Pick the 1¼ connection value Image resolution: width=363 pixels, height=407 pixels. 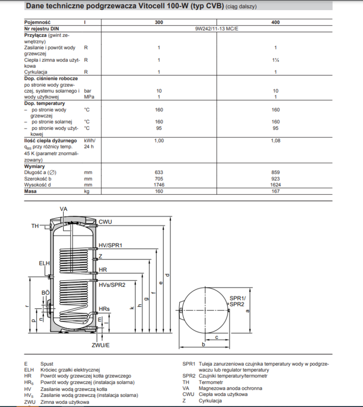point(275,60)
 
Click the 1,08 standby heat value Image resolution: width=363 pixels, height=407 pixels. point(275,140)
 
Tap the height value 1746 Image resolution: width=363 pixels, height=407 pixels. point(159,185)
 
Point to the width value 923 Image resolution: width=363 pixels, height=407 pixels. point(275,179)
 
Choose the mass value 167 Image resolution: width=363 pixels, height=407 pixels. point(275,191)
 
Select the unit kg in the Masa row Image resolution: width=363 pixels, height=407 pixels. point(87,191)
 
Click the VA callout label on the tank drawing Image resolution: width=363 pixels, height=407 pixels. point(64,209)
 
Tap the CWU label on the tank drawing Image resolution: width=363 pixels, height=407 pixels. point(105,222)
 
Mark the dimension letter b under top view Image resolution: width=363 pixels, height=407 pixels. point(203,344)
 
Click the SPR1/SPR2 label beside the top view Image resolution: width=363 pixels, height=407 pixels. point(237,301)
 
